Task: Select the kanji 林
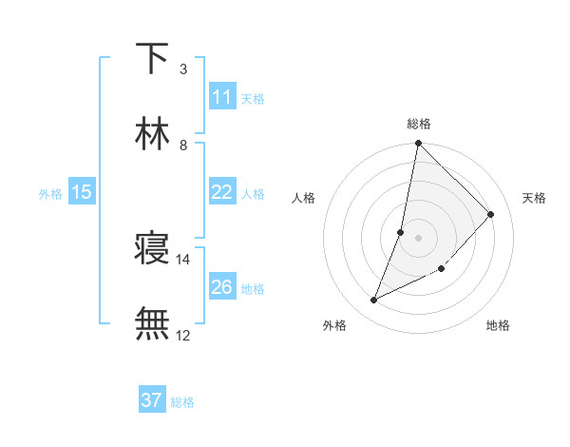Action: (x=152, y=134)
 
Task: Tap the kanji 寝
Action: (x=152, y=249)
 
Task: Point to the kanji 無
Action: (x=152, y=324)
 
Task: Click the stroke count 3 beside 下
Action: (x=182, y=68)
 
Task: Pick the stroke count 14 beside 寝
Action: (x=182, y=259)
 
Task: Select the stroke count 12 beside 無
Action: (x=182, y=335)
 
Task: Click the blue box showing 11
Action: (x=222, y=97)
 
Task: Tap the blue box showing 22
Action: (x=222, y=192)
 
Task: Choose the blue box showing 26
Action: (x=222, y=287)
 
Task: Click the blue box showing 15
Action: (x=82, y=192)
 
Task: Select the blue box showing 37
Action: (x=151, y=400)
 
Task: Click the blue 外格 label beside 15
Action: (x=50, y=193)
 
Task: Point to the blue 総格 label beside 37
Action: (x=182, y=402)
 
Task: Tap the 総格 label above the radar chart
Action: (x=419, y=124)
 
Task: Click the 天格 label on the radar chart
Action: (x=535, y=198)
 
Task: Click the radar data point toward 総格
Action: (x=419, y=144)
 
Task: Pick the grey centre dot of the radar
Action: (x=419, y=238)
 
